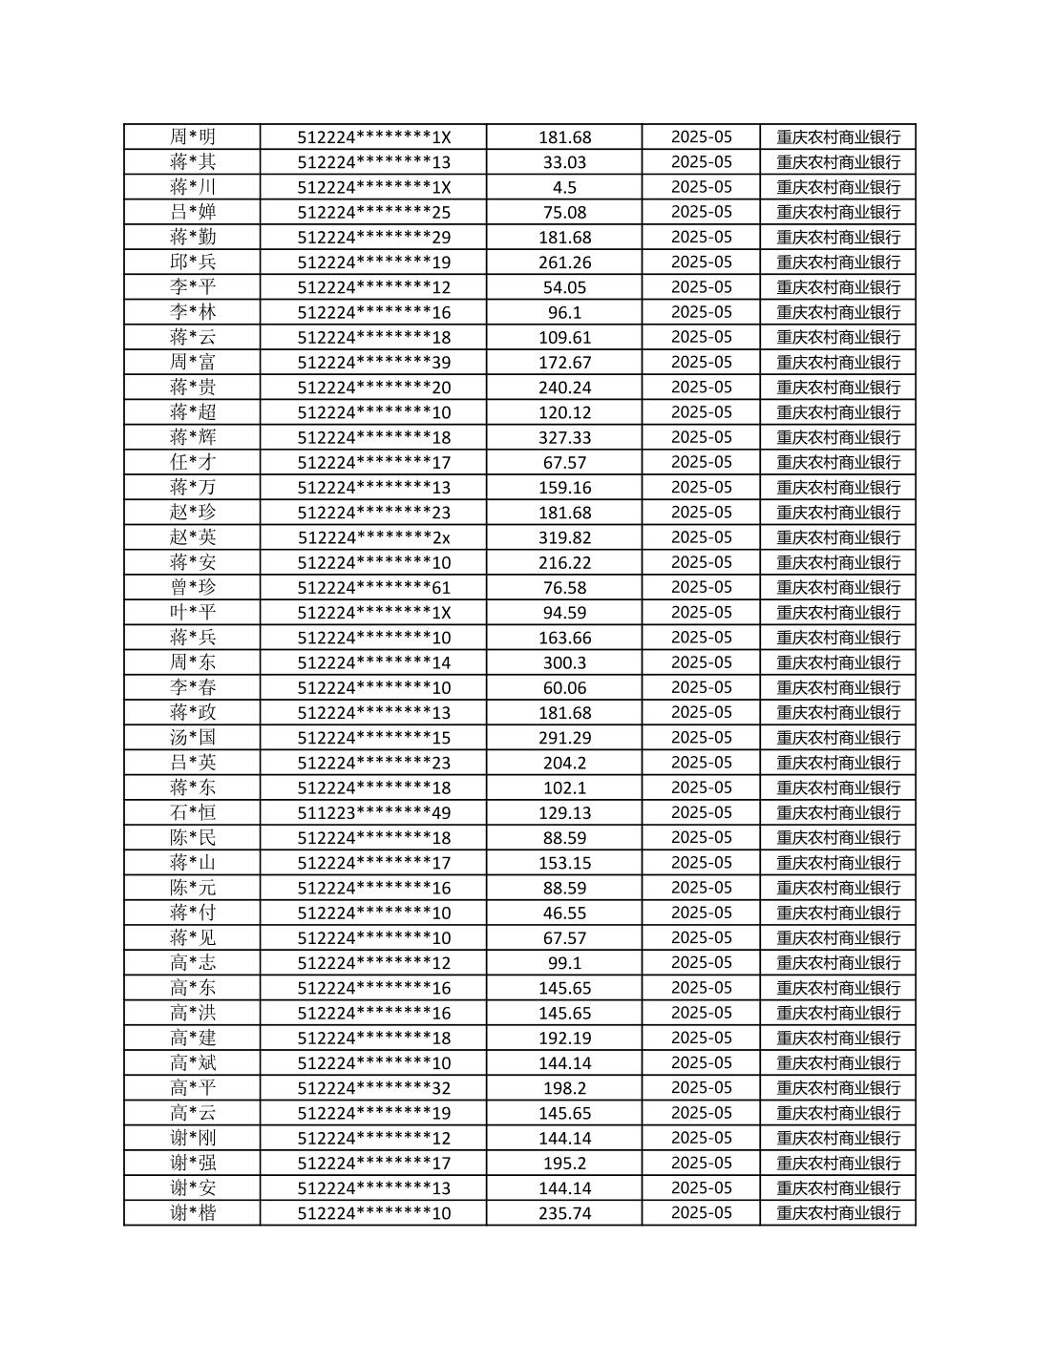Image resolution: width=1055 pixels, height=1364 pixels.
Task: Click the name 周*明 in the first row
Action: pos(193,136)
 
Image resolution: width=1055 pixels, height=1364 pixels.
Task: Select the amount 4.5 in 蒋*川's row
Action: pos(564,187)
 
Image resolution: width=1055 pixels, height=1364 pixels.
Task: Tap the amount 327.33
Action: pos(564,437)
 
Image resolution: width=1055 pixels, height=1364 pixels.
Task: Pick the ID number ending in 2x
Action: pos(373,537)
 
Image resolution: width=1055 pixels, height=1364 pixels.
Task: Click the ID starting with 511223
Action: pos(373,812)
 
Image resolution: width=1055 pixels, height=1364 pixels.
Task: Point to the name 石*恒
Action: pos(193,812)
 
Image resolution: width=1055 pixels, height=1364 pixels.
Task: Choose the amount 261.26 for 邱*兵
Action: pos(564,262)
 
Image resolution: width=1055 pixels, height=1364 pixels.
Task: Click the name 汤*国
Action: pos(193,737)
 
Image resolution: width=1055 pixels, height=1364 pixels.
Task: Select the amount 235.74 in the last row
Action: pos(564,1212)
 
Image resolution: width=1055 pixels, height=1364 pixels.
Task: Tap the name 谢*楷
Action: pos(193,1212)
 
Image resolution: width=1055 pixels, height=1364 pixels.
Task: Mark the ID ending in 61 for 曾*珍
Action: pos(373,587)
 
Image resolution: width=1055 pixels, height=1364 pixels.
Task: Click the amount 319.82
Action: pos(564,537)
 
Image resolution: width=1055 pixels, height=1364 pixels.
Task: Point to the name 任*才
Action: pos(193,462)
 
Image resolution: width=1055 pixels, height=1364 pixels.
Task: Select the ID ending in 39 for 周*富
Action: pos(373,362)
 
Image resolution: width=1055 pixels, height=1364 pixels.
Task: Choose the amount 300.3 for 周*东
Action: pos(564,662)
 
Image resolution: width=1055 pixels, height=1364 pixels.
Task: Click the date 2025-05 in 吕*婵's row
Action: pos(701,212)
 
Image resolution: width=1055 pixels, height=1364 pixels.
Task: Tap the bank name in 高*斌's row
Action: pos(838,1062)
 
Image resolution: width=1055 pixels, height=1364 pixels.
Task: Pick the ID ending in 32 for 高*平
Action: pos(373,1087)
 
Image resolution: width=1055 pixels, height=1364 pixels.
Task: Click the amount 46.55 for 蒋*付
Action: pos(564,913)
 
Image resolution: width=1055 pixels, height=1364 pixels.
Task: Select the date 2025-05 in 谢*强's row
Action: pos(701,1163)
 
